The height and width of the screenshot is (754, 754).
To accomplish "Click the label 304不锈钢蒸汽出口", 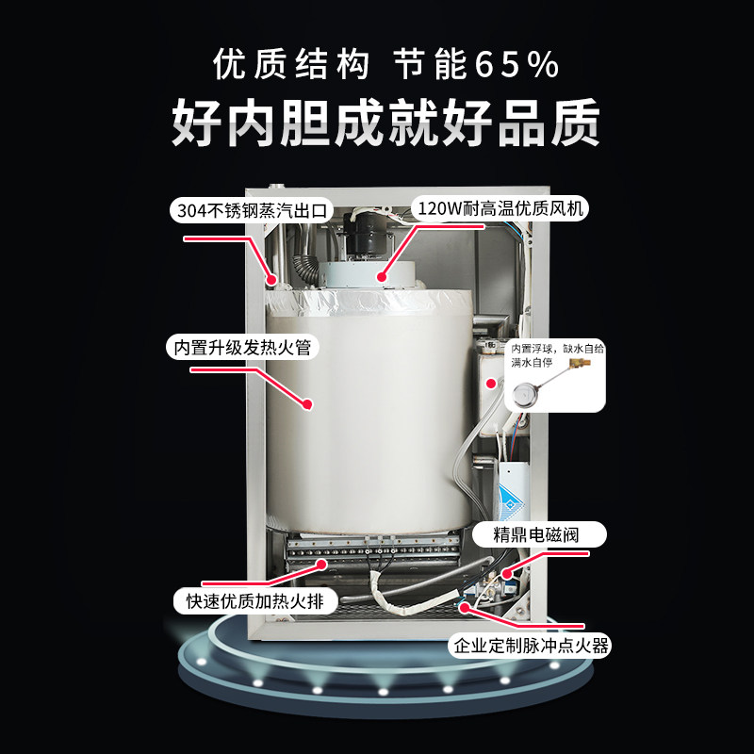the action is [252, 210].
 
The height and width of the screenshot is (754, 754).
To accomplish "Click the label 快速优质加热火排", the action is [254, 600].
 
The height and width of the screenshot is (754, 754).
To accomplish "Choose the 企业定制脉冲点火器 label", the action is [532, 647].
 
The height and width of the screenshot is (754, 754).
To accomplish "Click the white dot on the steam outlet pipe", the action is [270, 279].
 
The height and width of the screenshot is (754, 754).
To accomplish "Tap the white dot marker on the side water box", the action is [489, 383].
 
